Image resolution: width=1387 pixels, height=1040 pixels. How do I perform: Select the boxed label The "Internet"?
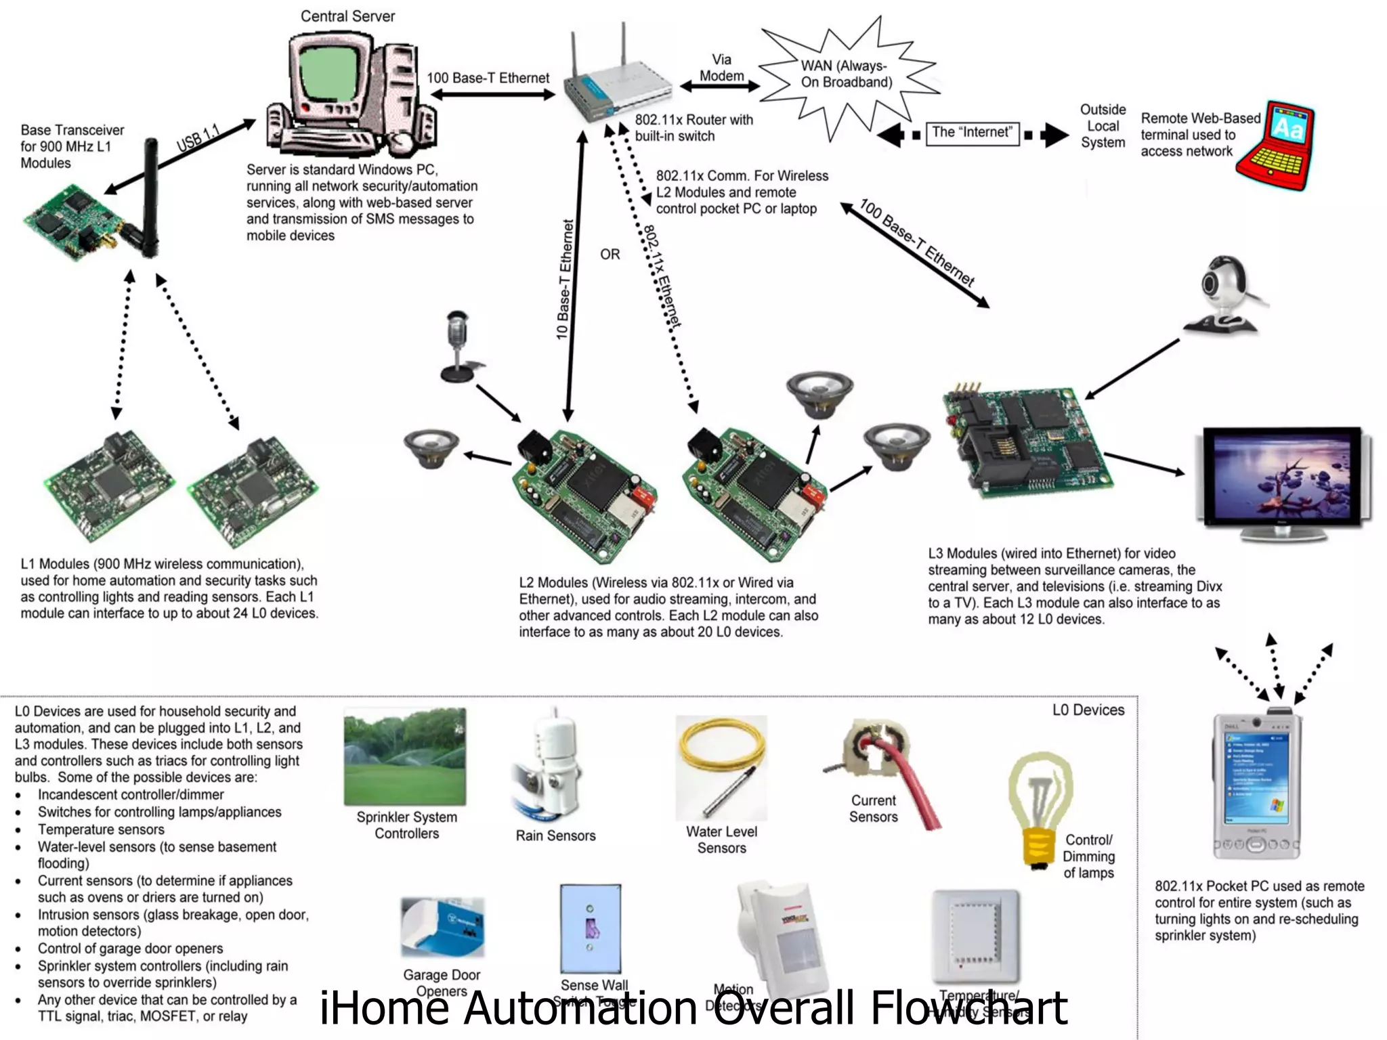pos(972,133)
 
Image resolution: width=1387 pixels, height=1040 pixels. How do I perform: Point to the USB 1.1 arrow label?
pos(198,137)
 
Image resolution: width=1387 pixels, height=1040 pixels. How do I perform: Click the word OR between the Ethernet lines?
pos(610,255)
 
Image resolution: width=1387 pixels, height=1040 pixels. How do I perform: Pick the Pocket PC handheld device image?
pos(1256,785)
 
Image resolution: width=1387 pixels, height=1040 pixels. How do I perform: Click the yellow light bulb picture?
pos(1040,809)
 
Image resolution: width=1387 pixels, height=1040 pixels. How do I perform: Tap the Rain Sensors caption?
pos(555,836)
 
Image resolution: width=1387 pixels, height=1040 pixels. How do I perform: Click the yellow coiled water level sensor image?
pos(722,765)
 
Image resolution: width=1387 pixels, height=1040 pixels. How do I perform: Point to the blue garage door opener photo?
pos(443,926)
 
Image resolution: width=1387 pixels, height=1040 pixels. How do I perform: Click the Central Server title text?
pos(347,16)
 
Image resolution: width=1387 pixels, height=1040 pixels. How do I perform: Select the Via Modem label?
pos(721,68)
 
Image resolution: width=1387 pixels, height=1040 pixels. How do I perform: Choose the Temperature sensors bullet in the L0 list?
pos(101,829)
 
